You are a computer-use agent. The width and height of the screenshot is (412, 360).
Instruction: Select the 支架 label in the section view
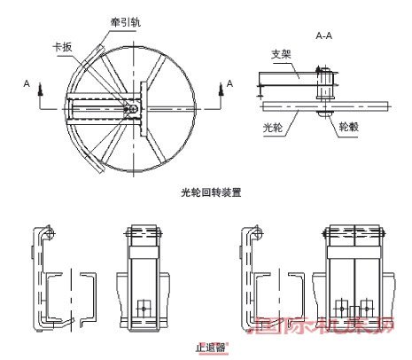tap(280, 55)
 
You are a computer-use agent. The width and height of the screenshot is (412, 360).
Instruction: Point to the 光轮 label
tap(274, 127)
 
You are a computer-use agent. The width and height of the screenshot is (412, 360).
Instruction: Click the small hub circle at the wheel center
tap(133, 106)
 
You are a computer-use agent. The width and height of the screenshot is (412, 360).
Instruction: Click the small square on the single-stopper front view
tap(143, 307)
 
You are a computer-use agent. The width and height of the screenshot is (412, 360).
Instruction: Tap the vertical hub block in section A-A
tap(324, 89)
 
